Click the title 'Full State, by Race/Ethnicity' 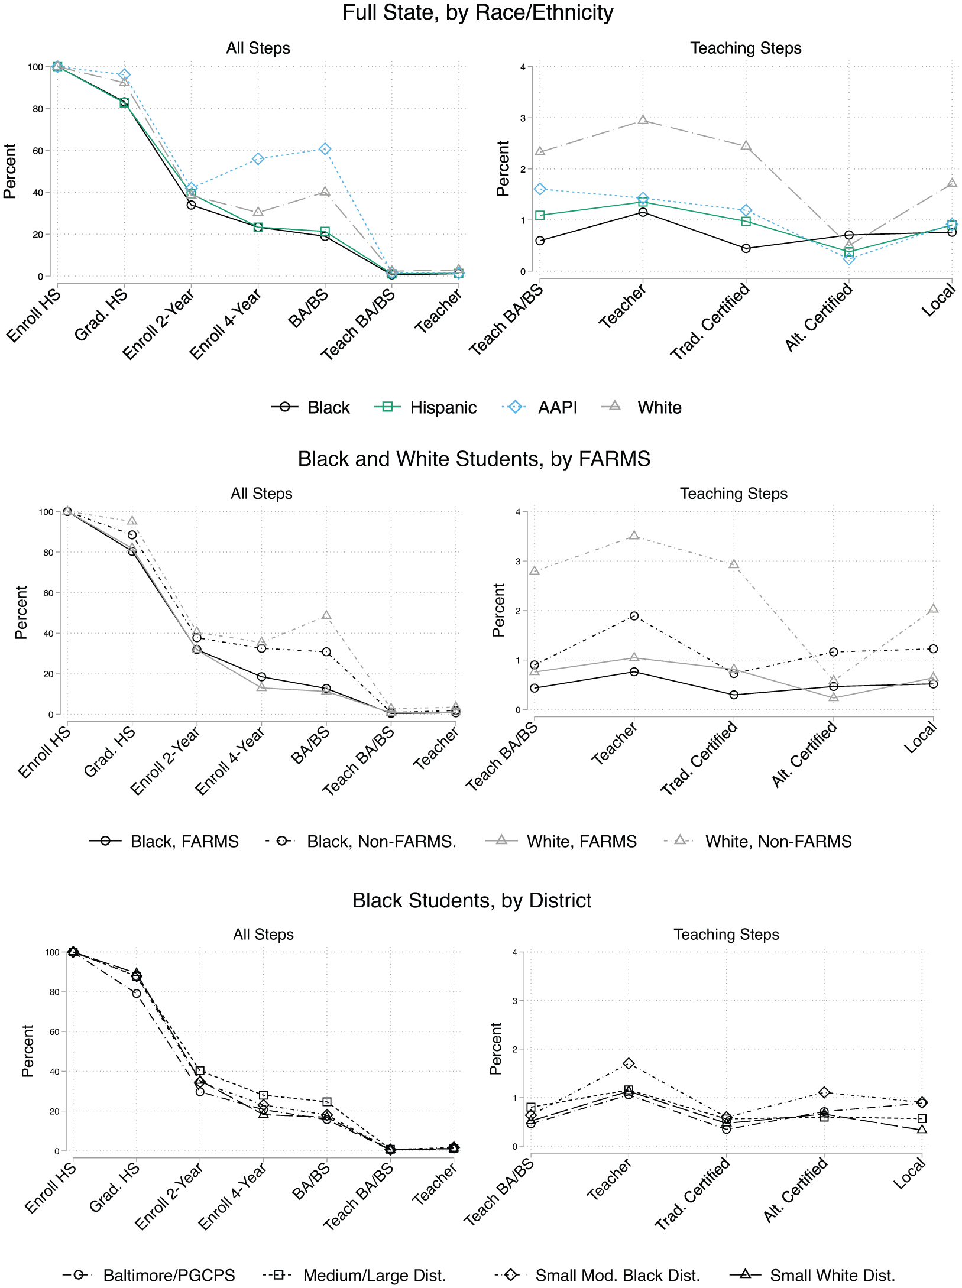coord(478,13)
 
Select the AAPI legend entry coord(540,407)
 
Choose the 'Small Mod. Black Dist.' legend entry coord(598,1275)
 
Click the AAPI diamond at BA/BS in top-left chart coord(325,149)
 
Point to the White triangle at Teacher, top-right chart coord(643,120)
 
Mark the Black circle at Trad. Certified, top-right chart coord(746,248)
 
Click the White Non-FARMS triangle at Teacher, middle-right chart coord(634,536)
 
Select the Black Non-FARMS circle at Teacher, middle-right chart coord(634,616)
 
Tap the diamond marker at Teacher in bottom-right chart coord(629,1063)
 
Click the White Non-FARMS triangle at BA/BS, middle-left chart coord(326,615)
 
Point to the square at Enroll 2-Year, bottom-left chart coord(200,1070)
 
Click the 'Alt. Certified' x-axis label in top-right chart coord(819,317)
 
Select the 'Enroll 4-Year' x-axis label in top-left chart coord(225,325)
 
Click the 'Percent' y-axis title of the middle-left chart coord(21,612)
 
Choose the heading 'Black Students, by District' coord(472,900)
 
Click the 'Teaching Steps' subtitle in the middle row coord(734,494)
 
